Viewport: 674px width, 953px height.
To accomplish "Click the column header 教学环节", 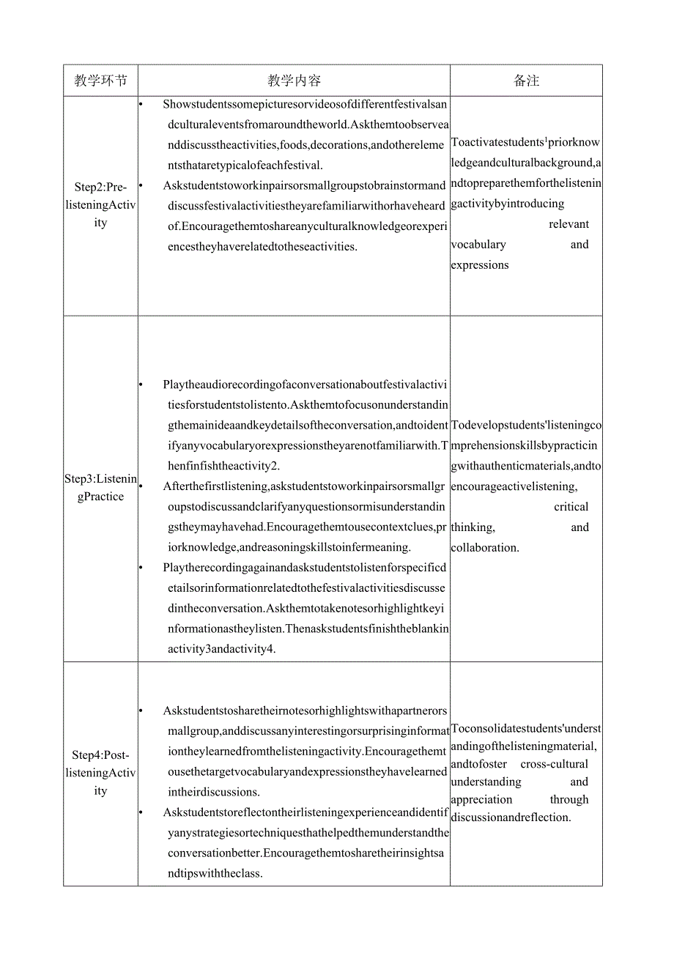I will (100, 81).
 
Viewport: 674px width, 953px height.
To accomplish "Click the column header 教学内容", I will (294, 81).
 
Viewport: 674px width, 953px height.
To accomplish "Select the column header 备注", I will (526, 81).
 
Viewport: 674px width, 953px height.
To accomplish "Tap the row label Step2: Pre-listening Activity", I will (100, 205).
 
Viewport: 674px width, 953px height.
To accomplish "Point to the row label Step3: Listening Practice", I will (100, 488).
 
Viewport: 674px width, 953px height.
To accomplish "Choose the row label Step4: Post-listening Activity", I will (100, 773).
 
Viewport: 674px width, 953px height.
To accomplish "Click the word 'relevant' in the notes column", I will (569, 224).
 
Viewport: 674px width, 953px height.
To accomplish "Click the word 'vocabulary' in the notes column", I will (478, 245).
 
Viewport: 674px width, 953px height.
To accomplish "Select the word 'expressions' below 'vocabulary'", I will (480, 265).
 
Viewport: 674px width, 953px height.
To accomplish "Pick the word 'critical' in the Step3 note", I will (571, 507).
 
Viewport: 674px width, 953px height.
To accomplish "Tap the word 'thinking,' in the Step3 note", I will (473, 527).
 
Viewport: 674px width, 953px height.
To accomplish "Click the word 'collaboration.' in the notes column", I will (485, 548).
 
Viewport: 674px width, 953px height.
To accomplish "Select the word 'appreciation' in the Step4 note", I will (482, 800).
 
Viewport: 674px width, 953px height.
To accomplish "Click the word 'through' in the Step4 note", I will (569, 800).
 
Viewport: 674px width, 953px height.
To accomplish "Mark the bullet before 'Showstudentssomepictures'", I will (141, 104).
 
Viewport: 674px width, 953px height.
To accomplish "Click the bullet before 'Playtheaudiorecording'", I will (141, 385).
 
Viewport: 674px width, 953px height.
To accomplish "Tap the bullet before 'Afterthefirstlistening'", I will (141, 486).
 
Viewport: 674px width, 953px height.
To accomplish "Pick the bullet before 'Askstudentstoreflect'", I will (141, 812).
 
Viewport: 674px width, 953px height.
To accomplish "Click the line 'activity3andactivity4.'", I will (219, 649).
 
